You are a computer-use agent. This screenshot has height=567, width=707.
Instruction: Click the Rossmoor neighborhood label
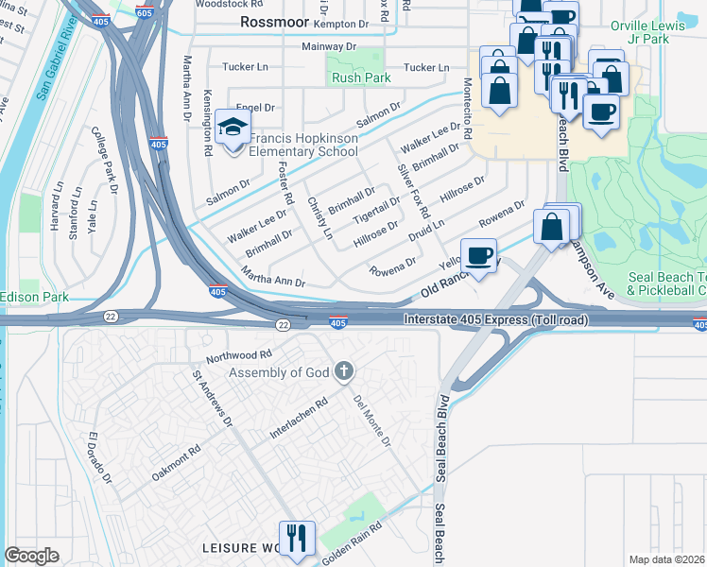coord(274,21)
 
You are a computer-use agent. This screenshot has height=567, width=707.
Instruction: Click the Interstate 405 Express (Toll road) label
coord(496,320)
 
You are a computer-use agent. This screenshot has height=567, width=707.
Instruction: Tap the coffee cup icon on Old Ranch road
coord(479,255)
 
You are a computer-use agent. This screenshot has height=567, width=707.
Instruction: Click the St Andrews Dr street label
coord(213,398)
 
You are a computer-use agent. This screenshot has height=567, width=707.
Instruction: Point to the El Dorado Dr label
coord(100,459)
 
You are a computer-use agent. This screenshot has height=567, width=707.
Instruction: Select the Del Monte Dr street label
coord(372,420)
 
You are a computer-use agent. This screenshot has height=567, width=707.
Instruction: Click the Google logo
coord(32,556)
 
